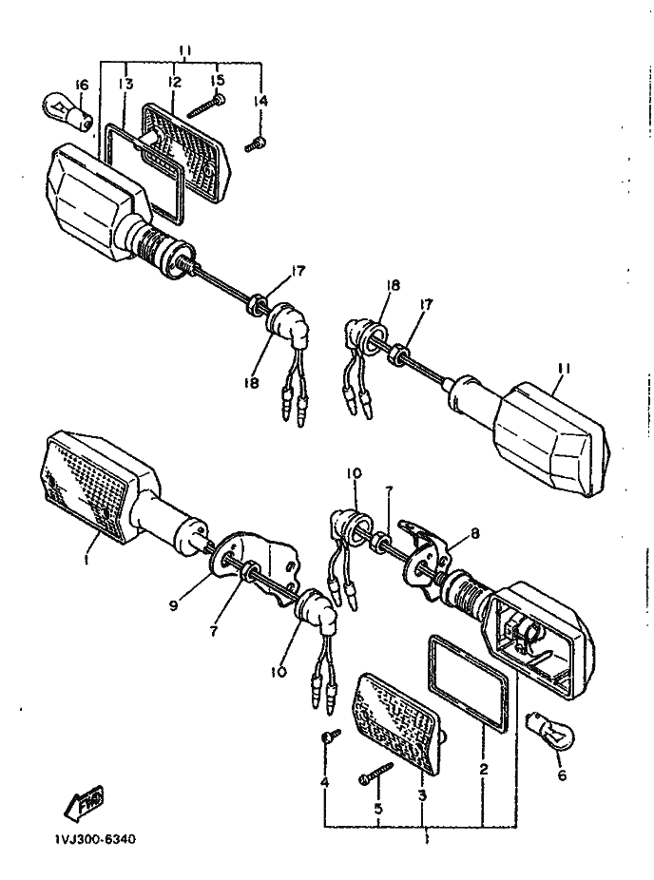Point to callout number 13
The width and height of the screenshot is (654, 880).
click(x=126, y=85)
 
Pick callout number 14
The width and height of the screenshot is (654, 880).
click(x=260, y=100)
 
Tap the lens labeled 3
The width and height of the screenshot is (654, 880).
click(x=400, y=725)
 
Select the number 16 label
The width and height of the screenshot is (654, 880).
click(x=80, y=86)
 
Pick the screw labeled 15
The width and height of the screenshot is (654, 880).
click(x=203, y=105)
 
